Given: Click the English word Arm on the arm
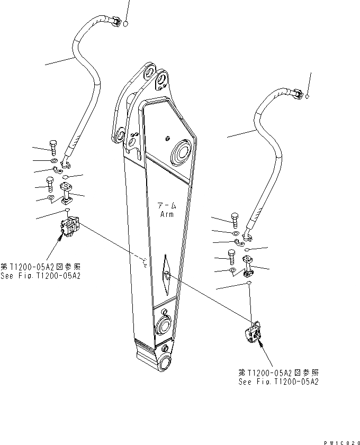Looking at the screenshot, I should (167, 214).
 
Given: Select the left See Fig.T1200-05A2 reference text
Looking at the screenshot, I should (41, 276).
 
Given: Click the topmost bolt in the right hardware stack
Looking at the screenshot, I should (235, 217).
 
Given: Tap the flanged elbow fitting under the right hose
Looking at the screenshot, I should (248, 264).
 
